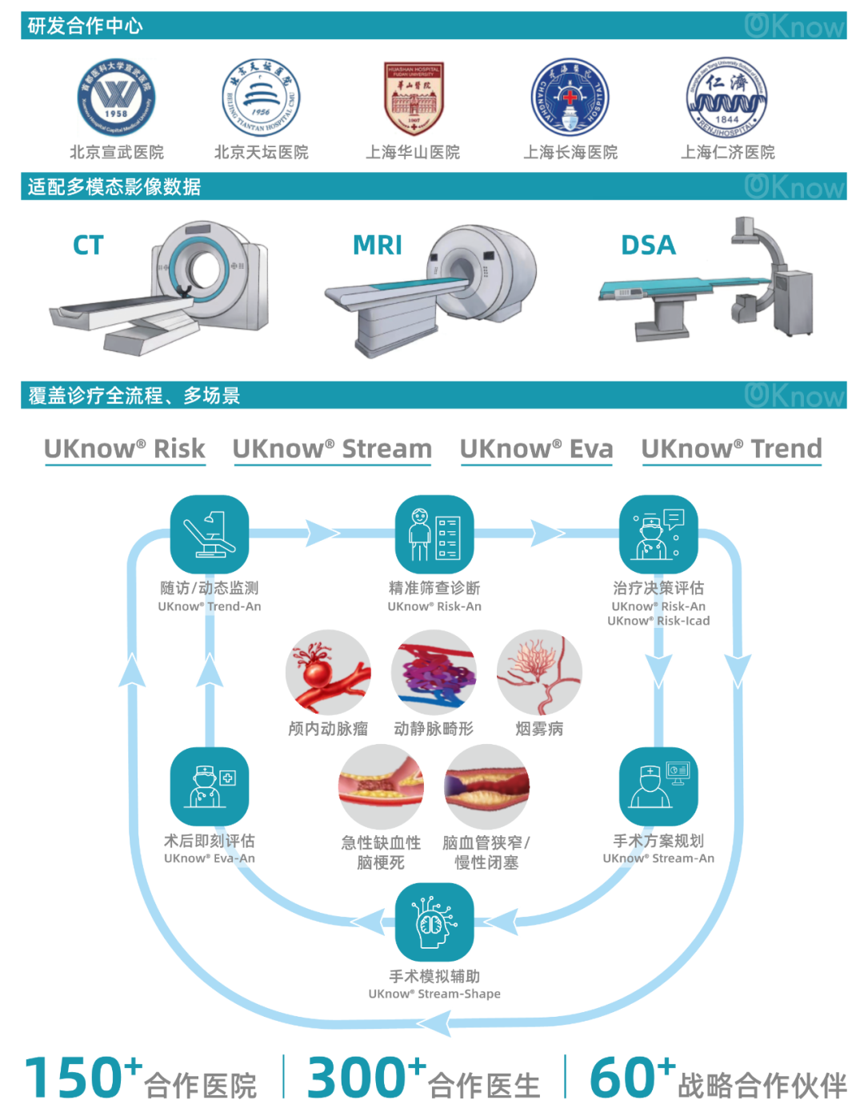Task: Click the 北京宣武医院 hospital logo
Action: point(117,98)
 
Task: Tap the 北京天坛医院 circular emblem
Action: point(261,98)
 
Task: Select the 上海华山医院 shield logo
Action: point(413,98)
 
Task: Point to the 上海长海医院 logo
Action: point(570,98)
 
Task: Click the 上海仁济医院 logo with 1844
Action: point(726,98)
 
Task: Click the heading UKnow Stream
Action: point(332,449)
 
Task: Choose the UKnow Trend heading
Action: point(731,449)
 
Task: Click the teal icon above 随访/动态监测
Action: point(210,534)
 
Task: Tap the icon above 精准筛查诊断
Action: point(434,534)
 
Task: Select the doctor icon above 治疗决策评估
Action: point(658,534)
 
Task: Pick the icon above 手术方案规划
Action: point(658,786)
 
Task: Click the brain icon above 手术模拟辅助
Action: point(434,922)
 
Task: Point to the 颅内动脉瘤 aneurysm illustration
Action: point(328,672)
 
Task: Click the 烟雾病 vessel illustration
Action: point(539,672)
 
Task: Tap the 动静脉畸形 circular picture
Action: point(434,672)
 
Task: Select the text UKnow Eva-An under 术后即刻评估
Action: point(210,858)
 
